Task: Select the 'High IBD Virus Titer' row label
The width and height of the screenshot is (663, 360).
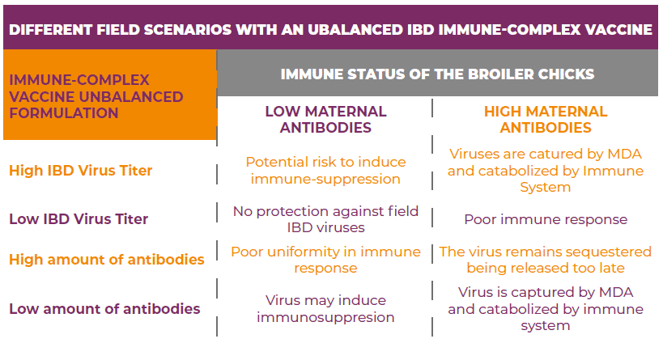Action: point(80,171)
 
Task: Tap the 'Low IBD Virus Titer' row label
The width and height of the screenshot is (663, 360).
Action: point(79,219)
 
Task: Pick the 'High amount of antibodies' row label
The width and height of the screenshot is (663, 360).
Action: point(106,260)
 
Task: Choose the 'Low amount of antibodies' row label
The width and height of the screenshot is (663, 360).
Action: point(104,308)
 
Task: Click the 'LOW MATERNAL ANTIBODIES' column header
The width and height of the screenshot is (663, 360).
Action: point(325,119)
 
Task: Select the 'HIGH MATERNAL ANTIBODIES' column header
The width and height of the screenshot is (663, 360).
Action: point(545,119)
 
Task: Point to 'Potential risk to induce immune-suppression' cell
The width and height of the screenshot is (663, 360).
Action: point(325,170)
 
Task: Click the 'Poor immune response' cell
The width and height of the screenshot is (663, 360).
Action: point(545,219)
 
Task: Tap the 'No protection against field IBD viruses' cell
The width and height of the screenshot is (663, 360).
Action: point(325,219)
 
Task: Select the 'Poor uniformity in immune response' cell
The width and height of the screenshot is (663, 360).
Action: point(325,260)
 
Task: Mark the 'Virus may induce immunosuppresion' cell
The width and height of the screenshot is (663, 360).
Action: point(325,308)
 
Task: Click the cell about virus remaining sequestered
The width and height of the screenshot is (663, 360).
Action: point(545,260)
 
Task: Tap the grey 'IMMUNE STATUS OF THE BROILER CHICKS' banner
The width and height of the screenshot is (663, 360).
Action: point(437,74)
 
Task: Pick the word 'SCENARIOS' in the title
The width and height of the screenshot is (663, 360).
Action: point(184,30)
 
